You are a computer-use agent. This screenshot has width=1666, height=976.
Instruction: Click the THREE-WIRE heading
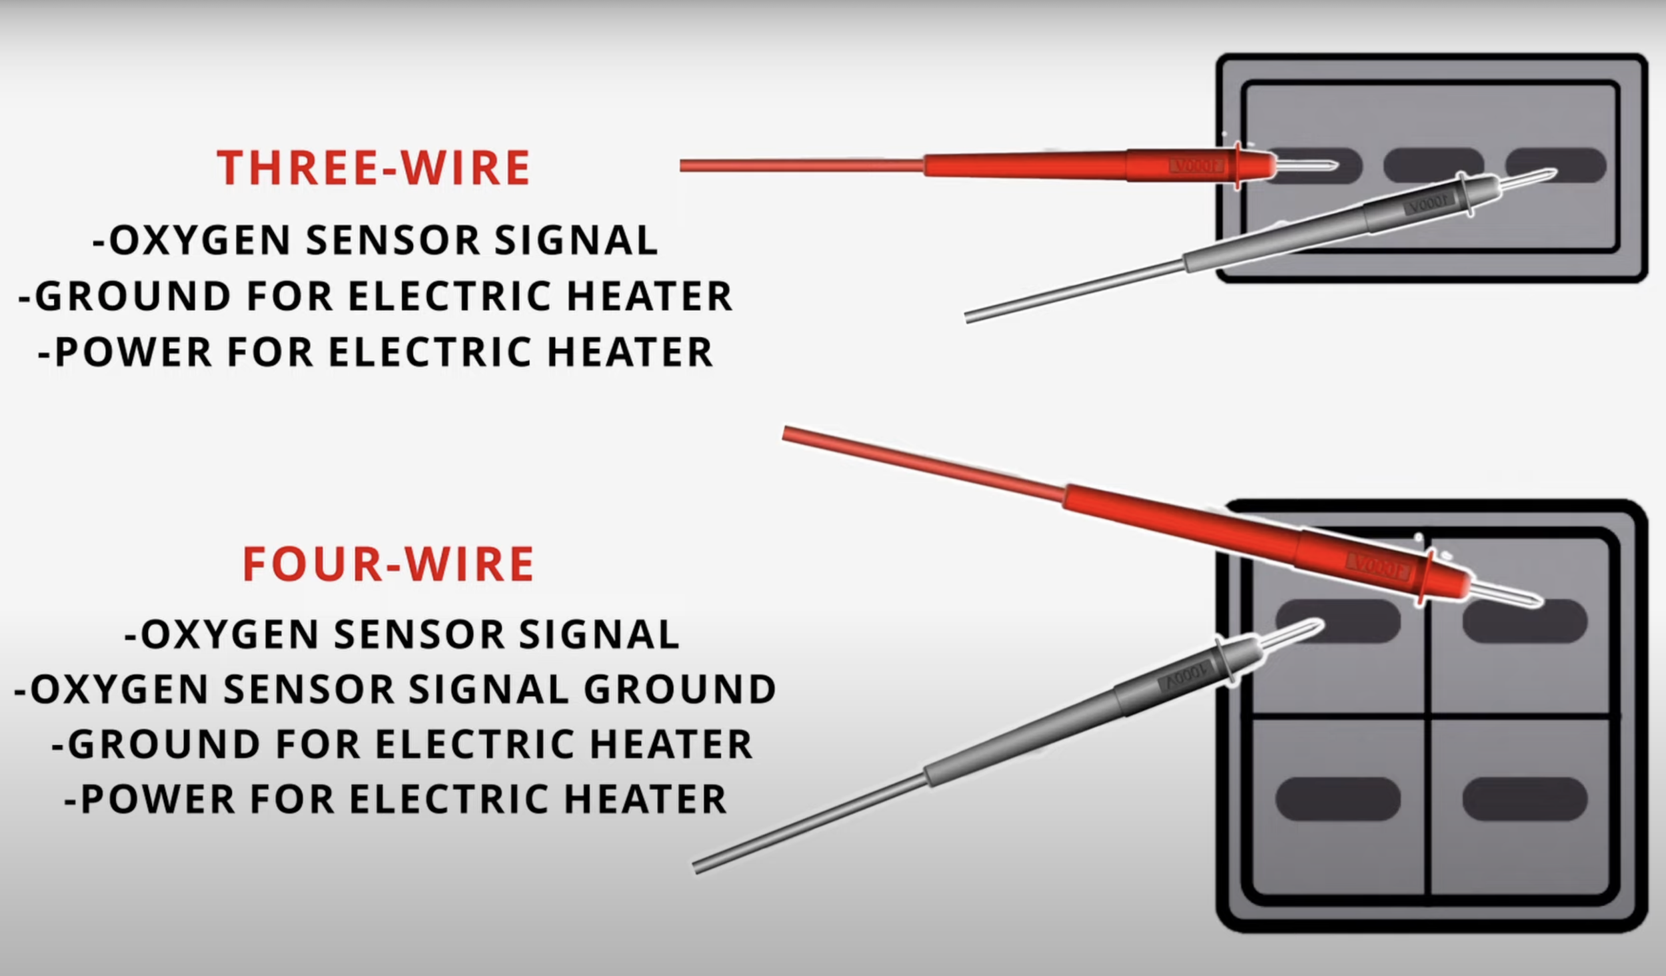(x=373, y=167)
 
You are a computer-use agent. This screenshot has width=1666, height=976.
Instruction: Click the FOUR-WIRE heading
(x=389, y=564)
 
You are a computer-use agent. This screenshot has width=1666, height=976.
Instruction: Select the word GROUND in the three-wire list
(x=133, y=296)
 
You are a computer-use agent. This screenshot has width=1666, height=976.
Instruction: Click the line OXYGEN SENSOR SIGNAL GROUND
(x=395, y=689)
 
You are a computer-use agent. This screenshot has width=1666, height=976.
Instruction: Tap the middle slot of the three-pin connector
(x=1433, y=165)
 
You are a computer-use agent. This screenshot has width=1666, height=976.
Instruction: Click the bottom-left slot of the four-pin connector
(x=1337, y=799)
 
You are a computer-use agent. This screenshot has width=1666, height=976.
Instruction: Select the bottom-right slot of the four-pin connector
(x=1525, y=799)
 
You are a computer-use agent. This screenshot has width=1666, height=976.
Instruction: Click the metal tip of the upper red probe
(x=1306, y=165)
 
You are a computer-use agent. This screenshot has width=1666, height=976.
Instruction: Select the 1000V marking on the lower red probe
(x=1377, y=566)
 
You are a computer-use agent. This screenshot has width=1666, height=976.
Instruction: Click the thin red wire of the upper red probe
(x=800, y=165)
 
